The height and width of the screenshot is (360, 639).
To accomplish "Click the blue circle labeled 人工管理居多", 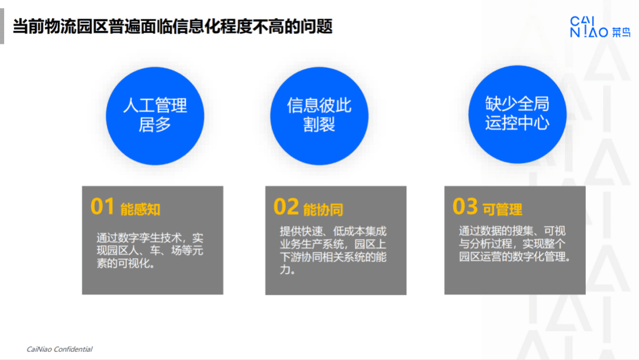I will (x=155, y=115).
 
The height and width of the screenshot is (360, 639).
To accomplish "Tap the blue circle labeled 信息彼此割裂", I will (x=319, y=115).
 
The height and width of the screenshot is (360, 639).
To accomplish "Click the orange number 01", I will (x=102, y=207).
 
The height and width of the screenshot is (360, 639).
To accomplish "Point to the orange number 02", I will (x=286, y=207).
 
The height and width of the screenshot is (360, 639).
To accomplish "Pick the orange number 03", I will (x=465, y=207).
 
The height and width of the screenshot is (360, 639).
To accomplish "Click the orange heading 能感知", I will (x=140, y=210).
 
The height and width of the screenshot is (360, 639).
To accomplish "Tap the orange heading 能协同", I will (x=323, y=210).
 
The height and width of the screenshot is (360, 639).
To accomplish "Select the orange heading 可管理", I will (x=502, y=210).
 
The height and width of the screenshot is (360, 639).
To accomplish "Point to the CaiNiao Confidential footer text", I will (x=59, y=349).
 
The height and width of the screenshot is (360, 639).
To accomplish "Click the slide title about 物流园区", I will (x=172, y=27).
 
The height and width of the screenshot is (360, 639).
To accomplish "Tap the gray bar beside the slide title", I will (x=2, y=27).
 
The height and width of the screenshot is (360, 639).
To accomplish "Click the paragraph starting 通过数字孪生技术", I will (x=150, y=250).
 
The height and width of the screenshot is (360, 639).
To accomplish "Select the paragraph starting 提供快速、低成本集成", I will (x=333, y=250).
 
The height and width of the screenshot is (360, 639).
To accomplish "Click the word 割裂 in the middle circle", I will (x=319, y=125).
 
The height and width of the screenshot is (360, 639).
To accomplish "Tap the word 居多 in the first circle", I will (x=155, y=125).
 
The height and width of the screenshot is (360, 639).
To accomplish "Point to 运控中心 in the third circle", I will (x=517, y=123).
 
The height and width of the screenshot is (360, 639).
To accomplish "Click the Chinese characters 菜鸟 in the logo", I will (x=621, y=33).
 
